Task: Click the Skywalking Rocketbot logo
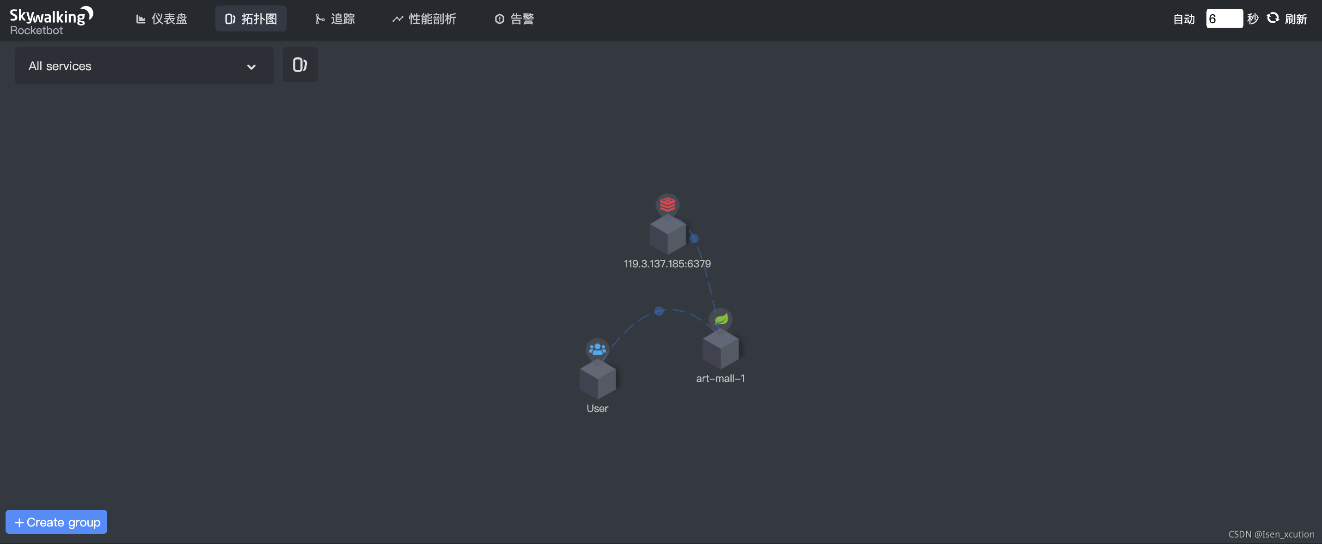51,20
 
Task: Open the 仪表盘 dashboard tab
162,19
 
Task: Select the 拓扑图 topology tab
251,19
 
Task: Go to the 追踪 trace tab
335,19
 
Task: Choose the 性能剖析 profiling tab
424,19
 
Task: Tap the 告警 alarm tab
514,19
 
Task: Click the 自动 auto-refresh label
1183,19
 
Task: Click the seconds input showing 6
1224,19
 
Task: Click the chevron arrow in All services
251,66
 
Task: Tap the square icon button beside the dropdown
300,65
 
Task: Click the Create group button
56,522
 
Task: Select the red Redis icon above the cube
667,205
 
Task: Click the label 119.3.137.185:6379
667,264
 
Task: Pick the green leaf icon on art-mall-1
721,319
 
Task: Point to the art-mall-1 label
720,378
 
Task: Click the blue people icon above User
597,350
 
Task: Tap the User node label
597,409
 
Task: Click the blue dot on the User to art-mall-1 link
659,311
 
